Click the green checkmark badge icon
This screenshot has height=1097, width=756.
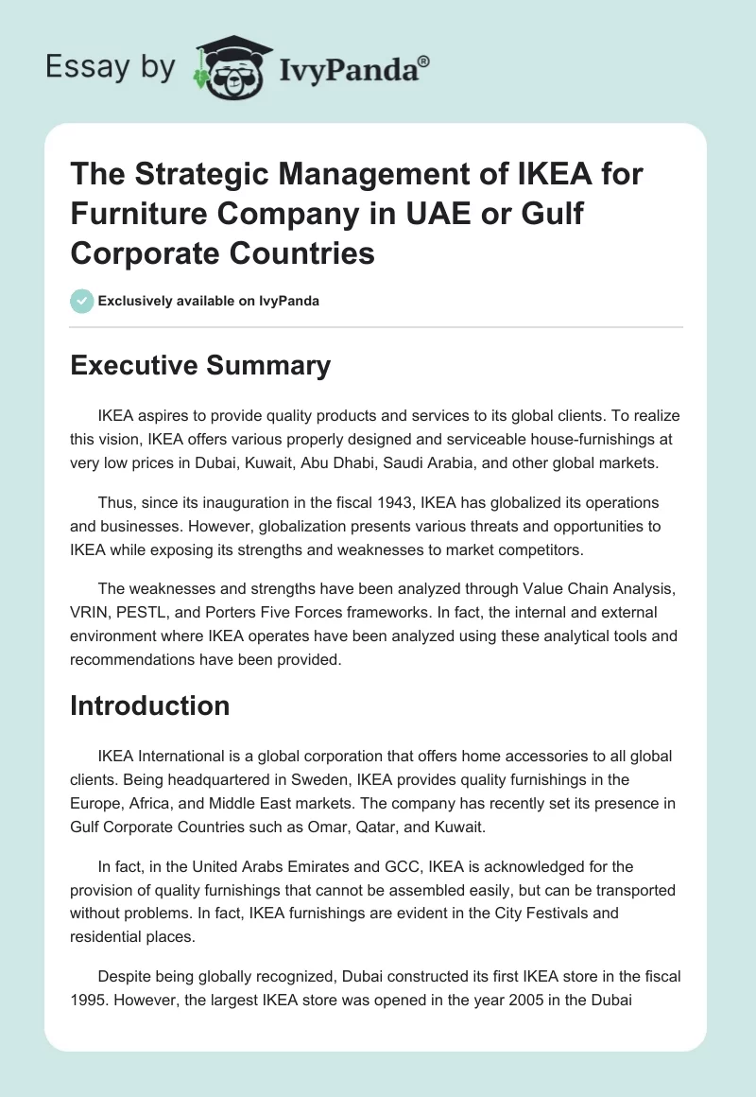pos(82,301)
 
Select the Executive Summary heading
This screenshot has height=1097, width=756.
pos(200,365)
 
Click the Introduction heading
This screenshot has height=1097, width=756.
pos(150,705)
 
